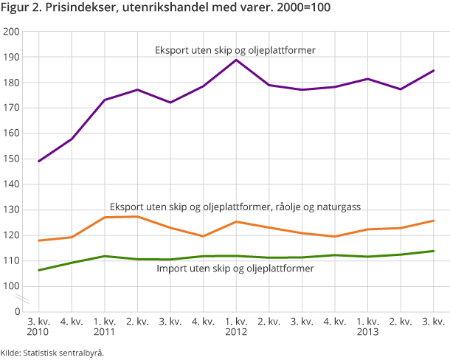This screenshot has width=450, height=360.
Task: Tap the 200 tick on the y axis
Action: pos(11,32)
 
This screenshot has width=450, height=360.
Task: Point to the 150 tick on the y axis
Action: pos(11,159)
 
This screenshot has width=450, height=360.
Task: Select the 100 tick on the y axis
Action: pos(11,286)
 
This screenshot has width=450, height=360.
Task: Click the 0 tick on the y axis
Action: pos(15,311)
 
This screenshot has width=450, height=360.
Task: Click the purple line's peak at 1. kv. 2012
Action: pos(236,60)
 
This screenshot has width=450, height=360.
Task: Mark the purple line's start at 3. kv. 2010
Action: pos(39,161)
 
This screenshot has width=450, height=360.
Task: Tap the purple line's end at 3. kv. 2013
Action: pos(434,71)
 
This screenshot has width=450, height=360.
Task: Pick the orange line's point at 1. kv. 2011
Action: pos(105,218)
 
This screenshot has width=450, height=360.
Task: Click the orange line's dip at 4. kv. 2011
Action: pos(203,236)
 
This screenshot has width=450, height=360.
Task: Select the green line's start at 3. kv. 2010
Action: pos(39,270)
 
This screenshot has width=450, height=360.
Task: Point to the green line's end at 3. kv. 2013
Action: pos(434,251)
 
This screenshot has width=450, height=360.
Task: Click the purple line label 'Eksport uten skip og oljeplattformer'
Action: pos(235,51)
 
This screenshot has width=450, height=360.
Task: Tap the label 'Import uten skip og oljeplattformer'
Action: pos(235,269)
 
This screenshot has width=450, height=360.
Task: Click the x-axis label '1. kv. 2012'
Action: pos(236,327)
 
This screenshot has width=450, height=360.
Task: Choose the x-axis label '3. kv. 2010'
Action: pos(39,327)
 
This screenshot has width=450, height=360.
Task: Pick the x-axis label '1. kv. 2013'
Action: pos(367,327)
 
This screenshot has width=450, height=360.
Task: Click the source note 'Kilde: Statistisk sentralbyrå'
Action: pos(52,353)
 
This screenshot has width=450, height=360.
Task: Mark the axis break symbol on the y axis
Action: pos(24,299)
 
